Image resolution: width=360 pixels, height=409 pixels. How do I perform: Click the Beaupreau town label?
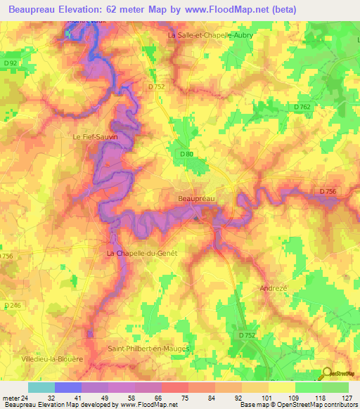click(x=195, y=199)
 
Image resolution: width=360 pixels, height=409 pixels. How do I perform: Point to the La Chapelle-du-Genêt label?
click(x=141, y=252)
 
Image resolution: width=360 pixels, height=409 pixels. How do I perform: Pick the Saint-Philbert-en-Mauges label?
click(x=150, y=348)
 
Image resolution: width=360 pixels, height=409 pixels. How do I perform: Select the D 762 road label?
click(x=302, y=107)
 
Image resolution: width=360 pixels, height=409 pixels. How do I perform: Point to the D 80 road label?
click(x=186, y=154)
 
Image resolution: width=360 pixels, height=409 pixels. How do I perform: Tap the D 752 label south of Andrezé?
click(x=246, y=336)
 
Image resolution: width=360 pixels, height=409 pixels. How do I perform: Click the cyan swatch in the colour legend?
click(x=41, y=387)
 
